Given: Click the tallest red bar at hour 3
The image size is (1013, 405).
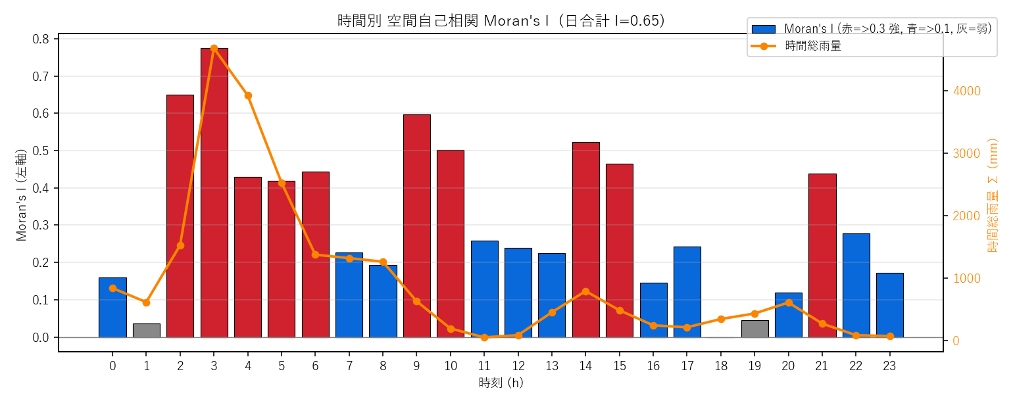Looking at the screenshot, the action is pos(214,193).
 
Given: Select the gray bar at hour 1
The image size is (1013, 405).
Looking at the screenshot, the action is pos(147,331).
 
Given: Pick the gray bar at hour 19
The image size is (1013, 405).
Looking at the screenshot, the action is pos(754,329).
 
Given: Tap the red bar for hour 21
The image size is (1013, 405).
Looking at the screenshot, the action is pos(822,255).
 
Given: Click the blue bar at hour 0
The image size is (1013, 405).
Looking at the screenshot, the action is pos(112,308).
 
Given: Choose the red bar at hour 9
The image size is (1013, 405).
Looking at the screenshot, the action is pos(417,226).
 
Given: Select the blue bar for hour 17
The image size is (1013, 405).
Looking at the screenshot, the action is pos(687,292).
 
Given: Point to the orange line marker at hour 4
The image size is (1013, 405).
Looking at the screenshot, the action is pos(248,96).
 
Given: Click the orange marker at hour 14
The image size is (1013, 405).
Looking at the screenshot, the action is pos(585,291).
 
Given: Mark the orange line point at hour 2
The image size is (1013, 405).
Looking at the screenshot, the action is pos(180,245).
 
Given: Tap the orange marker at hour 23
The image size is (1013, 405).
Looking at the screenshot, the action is pos(890,337).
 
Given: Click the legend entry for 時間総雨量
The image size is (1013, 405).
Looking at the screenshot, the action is pos(796,46).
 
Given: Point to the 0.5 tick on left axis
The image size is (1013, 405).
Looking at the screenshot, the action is pos(41,151).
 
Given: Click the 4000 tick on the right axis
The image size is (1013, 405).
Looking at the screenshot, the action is pos(967,91).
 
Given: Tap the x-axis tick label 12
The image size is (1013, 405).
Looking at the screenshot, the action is pos(518,366).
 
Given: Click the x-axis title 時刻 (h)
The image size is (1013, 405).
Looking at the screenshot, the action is pos(501,383).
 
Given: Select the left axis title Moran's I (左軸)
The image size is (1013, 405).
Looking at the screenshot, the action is pos(21,195).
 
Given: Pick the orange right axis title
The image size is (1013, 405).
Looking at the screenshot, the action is pos(993,195).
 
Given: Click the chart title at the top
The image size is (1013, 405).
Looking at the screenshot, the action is pos(501,21).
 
